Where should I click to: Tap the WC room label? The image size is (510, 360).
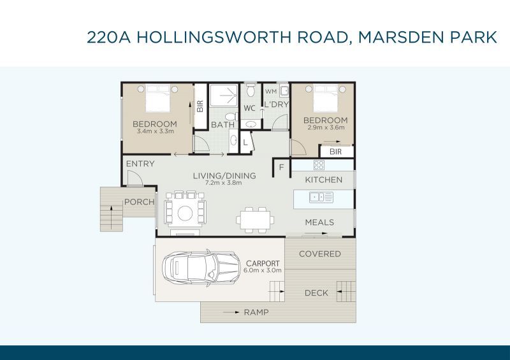(x=249, y=108)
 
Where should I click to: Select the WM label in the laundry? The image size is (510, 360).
(x=270, y=92)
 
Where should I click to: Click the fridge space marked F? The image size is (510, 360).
(x=281, y=167)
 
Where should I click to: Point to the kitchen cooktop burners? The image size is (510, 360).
(x=319, y=165)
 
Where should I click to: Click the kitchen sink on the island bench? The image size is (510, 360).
(x=321, y=198)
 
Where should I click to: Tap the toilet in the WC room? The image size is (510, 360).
(x=251, y=90)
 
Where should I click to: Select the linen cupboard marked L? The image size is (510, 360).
(x=245, y=142)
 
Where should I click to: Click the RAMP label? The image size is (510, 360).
(x=256, y=312)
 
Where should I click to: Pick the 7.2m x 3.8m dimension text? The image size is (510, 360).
(x=224, y=183)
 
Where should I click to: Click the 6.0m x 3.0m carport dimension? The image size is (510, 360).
(x=263, y=270)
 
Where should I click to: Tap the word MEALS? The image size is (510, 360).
(x=319, y=222)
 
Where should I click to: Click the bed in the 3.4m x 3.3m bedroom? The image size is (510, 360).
(x=157, y=98)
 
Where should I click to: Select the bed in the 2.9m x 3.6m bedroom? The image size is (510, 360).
(x=325, y=98)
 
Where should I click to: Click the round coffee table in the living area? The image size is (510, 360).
(x=185, y=213)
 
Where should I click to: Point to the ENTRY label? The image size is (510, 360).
(x=140, y=164)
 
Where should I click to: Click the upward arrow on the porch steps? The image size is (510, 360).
(x=112, y=217)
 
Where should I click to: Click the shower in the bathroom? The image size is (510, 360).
(x=224, y=96)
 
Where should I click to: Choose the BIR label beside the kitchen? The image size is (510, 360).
(x=336, y=152)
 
